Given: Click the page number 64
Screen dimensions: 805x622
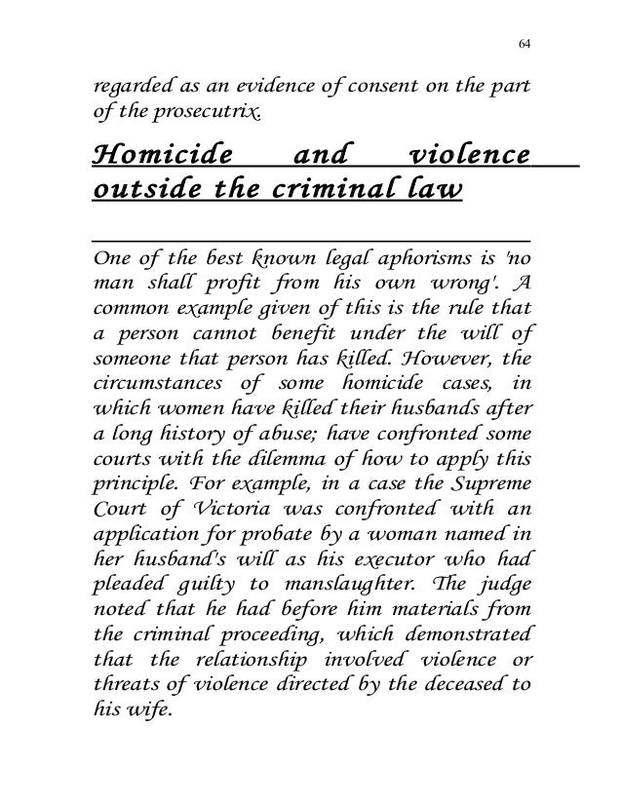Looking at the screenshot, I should click(x=524, y=43).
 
